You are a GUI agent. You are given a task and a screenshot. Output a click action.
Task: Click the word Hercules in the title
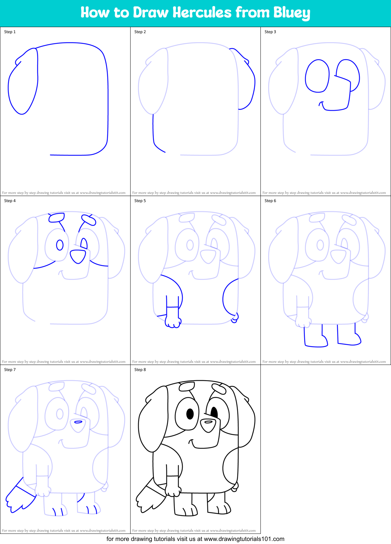click(x=202, y=13)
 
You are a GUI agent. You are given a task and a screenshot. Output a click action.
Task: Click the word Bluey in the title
click(x=292, y=13)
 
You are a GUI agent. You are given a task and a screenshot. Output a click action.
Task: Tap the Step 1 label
click(x=10, y=32)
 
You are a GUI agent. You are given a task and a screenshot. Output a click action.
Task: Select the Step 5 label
click(x=140, y=201)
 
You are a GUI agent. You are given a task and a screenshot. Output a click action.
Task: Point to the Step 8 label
click(x=140, y=370)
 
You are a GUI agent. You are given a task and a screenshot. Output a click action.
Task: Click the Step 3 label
click(x=270, y=32)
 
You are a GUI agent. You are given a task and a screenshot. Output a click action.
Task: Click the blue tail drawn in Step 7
click(x=20, y=498)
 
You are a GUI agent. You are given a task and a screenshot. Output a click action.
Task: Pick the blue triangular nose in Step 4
click(x=78, y=256)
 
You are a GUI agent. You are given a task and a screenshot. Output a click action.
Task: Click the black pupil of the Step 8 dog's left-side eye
click(x=190, y=413)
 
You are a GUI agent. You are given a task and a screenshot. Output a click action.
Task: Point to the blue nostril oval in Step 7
click(x=78, y=422)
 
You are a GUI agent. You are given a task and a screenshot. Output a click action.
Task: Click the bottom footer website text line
click(x=195, y=539)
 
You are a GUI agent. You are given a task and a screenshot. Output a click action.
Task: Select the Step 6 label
click(x=270, y=201)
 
